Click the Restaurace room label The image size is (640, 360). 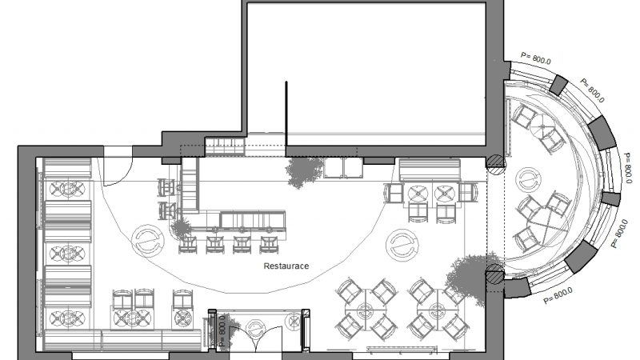(x=286, y=266)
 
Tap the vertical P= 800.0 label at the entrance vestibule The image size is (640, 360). (x=222, y=330)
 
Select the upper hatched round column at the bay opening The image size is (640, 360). (x=495, y=164)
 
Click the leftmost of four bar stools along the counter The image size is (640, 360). (x=187, y=244)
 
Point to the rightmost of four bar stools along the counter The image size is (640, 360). (x=269, y=244)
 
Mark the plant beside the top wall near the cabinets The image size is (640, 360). (x=304, y=171)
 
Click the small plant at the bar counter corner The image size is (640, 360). (x=181, y=228)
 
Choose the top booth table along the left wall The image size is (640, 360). (x=67, y=189)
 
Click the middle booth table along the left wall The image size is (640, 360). (x=67, y=254)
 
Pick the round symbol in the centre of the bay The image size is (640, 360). (x=528, y=179)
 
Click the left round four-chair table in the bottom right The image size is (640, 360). (x=366, y=310)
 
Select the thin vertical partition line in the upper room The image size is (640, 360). (x=286, y=114)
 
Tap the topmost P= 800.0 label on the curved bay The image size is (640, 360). (x=536, y=58)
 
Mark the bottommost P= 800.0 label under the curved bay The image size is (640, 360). (x=558, y=295)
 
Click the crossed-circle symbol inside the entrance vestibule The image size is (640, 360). (x=294, y=321)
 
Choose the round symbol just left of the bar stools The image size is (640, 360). (x=148, y=241)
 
